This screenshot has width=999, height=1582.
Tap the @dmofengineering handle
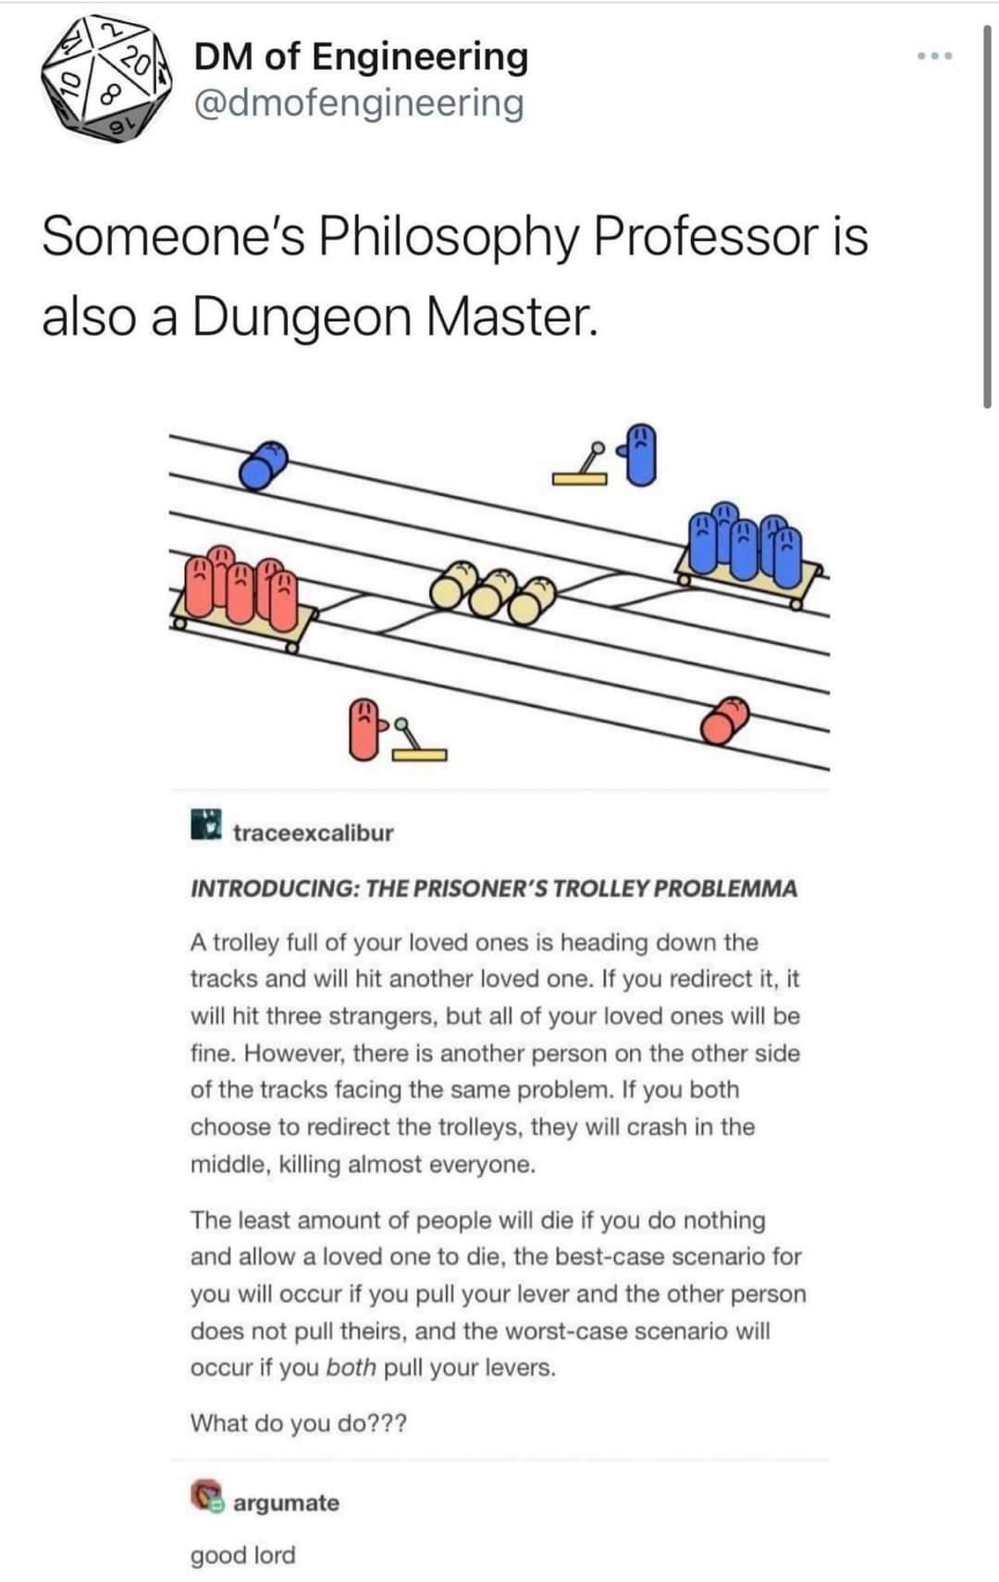(x=358, y=103)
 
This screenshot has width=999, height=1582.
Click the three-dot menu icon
(x=935, y=57)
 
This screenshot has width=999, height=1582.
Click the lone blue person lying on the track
(x=264, y=463)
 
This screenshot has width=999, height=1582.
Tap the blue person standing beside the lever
(x=642, y=454)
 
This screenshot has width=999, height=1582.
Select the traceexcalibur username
(x=313, y=833)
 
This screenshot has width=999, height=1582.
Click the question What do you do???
(x=298, y=1423)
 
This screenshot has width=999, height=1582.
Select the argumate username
(x=286, y=1502)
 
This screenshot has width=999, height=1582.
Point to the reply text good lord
(x=242, y=1555)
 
